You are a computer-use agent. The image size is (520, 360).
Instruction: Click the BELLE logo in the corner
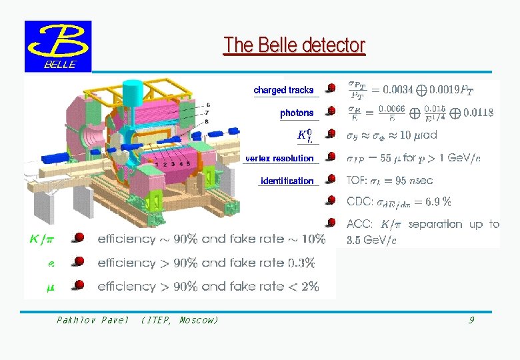pos(58,46)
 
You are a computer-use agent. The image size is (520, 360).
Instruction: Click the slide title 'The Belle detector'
pos(294,45)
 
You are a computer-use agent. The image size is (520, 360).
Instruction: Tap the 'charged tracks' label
pos(283,90)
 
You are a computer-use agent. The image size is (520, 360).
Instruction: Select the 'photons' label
pos(297,113)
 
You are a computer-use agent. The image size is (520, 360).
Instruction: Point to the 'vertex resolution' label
pos(279,159)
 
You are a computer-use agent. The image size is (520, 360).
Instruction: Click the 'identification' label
pos(287,181)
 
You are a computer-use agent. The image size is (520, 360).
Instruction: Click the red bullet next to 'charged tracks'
pos(331,88)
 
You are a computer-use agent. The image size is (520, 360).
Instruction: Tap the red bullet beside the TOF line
pos(331,179)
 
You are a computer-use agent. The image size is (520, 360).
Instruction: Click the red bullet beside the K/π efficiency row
pos(79,237)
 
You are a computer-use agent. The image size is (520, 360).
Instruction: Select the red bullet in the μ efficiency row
pos(79,285)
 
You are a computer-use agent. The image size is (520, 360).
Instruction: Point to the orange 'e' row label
pos(51,263)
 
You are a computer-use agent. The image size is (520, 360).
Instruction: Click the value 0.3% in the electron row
pos(301,263)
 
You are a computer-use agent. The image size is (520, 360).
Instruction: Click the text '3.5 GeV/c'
pos(371,240)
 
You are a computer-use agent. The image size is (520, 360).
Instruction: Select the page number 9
pos(471,321)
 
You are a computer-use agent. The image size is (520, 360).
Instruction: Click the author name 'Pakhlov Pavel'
pos(92,321)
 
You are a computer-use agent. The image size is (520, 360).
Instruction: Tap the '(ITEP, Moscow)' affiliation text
pos(179,321)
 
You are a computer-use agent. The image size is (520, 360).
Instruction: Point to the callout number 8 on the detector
pos(208,121)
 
